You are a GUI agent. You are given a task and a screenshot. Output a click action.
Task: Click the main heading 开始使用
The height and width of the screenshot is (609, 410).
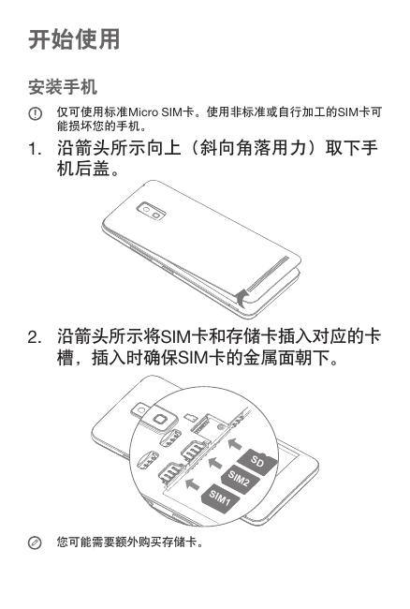click(x=74, y=39)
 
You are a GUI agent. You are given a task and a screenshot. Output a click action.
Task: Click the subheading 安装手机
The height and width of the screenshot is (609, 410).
click(x=63, y=86)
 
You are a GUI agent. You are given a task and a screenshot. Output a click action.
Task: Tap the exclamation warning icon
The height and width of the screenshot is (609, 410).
click(x=35, y=113)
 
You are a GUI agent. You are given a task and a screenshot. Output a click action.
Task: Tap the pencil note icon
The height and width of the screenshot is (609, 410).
click(x=35, y=542)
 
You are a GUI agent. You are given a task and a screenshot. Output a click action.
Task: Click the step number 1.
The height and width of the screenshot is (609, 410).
click(x=35, y=149)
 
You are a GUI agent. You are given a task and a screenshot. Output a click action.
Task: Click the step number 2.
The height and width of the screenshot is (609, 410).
click(x=35, y=337)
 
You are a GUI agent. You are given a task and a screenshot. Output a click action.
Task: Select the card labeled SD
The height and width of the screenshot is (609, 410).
click(x=257, y=461)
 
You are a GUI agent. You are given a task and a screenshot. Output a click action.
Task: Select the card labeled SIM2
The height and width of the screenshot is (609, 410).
click(x=239, y=480)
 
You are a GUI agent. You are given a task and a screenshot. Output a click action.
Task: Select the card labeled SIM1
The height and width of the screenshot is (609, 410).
click(x=220, y=498)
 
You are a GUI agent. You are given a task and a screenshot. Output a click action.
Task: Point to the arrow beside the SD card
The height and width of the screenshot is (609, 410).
click(x=234, y=443)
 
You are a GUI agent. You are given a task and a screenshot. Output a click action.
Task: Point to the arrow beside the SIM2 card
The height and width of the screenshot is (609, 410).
click(x=215, y=462)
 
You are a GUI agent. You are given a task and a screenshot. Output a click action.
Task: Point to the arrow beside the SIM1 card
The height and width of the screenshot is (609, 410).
click(x=192, y=484)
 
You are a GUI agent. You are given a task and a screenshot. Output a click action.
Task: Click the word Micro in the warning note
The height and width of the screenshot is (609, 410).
click(x=143, y=112)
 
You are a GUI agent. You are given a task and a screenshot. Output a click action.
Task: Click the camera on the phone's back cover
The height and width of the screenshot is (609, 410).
click(x=152, y=211)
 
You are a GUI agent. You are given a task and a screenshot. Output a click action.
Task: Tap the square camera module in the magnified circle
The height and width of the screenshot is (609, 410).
click(x=160, y=420)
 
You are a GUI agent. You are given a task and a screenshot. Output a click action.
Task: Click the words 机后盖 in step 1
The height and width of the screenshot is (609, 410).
click(x=83, y=169)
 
